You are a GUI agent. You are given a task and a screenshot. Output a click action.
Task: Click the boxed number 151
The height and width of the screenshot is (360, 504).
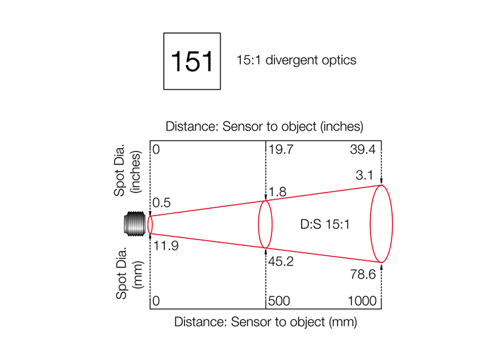[x=192, y=61]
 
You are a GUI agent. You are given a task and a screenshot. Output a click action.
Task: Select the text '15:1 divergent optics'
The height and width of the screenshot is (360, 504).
[x=296, y=60]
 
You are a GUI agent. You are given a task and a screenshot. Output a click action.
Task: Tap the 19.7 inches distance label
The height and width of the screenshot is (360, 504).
[x=281, y=149]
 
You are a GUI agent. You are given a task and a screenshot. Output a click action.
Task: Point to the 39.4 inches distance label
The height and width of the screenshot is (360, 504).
[x=363, y=149]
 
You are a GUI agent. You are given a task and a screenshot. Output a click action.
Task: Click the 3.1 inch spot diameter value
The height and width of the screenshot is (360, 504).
[x=365, y=175]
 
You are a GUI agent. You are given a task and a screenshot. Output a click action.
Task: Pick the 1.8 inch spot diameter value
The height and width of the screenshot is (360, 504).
[x=277, y=192]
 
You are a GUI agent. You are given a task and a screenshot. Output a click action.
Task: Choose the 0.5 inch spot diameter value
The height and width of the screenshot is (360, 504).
[x=161, y=203]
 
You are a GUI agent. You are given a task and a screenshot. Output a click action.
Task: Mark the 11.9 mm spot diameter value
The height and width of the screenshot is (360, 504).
[x=166, y=246]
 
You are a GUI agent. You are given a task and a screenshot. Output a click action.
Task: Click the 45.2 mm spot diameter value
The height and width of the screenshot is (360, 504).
[x=281, y=262]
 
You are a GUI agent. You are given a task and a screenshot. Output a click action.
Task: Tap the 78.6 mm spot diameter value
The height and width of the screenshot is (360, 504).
[x=363, y=274]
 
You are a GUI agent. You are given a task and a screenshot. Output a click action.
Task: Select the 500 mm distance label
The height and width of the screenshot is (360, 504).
[x=279, y=301]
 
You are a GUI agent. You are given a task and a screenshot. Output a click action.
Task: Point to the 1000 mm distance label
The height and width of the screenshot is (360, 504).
[x=362, y=301]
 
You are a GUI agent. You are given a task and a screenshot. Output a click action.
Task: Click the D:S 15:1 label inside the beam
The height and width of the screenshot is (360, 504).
[x=324, y=224]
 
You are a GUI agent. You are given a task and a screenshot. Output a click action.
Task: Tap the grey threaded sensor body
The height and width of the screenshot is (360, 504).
[x=135, y=224]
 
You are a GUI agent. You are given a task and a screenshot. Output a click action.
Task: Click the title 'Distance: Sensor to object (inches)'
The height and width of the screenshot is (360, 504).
[x=265, y=127]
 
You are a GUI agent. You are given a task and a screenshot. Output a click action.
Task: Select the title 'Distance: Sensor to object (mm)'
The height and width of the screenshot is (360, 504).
[x=265, y=322]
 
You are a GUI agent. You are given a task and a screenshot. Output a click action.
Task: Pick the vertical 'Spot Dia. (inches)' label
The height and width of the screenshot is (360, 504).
[x=127, y=170]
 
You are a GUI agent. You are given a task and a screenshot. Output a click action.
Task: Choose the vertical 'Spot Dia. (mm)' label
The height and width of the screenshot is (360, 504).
[x=129, y=274]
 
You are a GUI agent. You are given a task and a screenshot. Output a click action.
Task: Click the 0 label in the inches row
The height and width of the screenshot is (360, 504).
[x=156, y=149]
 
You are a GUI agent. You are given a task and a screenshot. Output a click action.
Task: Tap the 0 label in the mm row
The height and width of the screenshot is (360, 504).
[x=156, y=301]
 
